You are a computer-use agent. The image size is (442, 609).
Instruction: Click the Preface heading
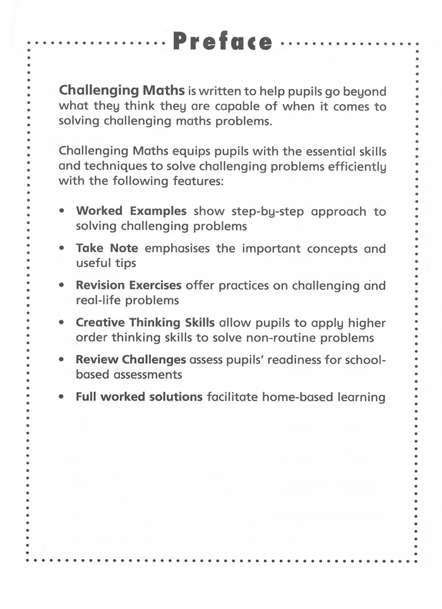pyautogui.click(x=222, y=42)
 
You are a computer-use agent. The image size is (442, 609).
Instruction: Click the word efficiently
pyautogui.click(x=355, y=167)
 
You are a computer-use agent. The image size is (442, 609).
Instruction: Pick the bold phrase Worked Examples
pyautogui.click(x=131, y=211)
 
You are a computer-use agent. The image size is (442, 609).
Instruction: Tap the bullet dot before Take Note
pyautogui.click(x=62, y=248)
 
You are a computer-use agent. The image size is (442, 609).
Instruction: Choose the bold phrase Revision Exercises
pyautogui.click(x=128, y=285)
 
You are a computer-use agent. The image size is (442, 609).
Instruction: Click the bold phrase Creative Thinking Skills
pyautogui.click(x=145, y=322)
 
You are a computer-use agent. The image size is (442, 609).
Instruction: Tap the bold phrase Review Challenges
pyautogui.click(x=131, y=359)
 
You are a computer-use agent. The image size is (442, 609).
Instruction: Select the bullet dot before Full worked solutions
pyautogui.click(x=62, y=397)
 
